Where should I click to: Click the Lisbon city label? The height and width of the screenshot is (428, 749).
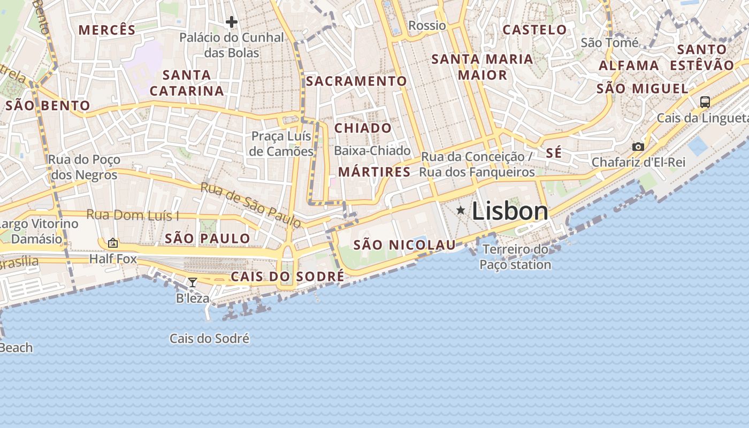click(510, 211)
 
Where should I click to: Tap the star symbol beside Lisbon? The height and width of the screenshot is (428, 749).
click(461, 211)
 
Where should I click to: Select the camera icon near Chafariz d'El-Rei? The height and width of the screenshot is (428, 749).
click(638, 147)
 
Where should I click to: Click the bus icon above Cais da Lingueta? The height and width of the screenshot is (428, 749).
click(705, 102)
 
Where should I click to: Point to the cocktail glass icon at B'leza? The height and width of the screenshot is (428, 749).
click(193, 282)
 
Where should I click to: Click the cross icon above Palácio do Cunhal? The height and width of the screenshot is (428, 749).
click(231, 22)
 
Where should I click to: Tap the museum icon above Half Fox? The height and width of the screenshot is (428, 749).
click(113, 243)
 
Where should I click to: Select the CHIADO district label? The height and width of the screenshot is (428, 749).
click(363, 128)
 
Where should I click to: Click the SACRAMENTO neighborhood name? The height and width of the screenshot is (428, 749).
click(356, 81)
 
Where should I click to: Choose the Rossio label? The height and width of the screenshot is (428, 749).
click(427, 25)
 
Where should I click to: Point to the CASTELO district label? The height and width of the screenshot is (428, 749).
click(534, 30)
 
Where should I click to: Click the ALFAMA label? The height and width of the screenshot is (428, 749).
click(629, 66)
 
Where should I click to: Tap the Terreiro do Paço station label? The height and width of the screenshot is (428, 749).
click(515, 257)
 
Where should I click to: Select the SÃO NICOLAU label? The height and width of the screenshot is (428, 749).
click(404, 245)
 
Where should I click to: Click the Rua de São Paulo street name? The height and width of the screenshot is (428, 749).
click(250, 204)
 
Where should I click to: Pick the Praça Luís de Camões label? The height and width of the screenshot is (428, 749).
click(281, 144)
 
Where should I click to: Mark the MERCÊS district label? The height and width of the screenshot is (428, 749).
click(107, 30)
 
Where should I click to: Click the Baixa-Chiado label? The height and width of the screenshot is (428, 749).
click(372, 151)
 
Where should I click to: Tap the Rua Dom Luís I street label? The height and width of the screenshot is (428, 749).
click(133, 215)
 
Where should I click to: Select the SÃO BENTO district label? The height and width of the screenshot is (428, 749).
click(47, 105)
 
